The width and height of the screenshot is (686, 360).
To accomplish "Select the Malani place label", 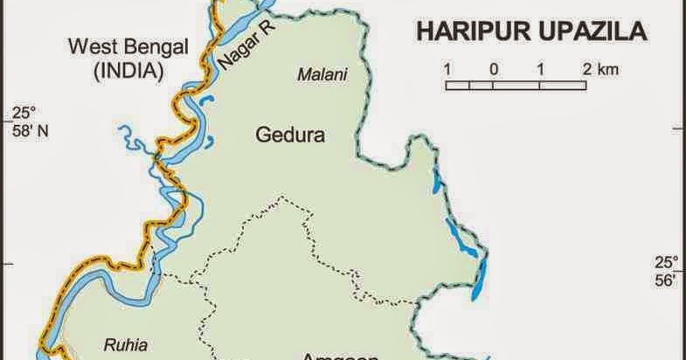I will (x=322, y=75).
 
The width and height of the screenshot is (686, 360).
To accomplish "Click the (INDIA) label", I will (x=128, y=72).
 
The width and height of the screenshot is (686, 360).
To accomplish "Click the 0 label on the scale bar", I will (x=495, y=68).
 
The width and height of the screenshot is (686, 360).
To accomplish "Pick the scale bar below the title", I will (x=516, y=85).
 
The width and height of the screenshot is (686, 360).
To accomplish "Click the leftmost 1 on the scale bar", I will (x=447, y=68).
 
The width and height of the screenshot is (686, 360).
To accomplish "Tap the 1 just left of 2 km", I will (x=543, y=68).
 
